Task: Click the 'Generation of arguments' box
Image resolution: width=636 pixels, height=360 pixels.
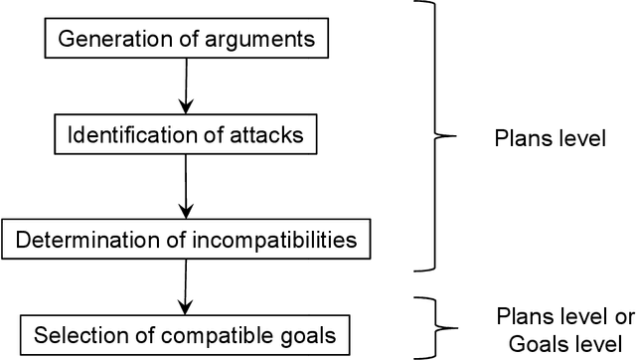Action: click(186, 41)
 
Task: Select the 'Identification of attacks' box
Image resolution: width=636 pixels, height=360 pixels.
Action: click(186, 134)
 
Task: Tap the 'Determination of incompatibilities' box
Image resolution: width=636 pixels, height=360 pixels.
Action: click(186, 240)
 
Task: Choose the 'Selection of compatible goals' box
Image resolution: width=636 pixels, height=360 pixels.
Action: click(186, 332)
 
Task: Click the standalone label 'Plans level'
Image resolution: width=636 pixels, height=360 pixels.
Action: click(550, 138)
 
